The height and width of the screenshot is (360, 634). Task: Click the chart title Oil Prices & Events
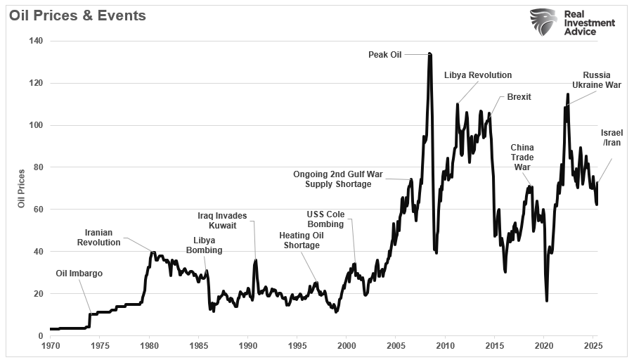pos(77,15)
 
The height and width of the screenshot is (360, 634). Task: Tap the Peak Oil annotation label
pos(385,54)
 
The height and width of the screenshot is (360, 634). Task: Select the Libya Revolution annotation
pos(478,75)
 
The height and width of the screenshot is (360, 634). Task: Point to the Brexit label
pos(519,97)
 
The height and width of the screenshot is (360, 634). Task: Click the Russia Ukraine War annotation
pos(597,80)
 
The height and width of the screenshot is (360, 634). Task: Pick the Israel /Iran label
pos(612,138)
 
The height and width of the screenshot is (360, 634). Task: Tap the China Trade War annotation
pos(522,157)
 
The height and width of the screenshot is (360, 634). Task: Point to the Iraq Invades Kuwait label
pos(222,221)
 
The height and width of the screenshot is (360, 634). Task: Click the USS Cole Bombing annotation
pos(325,219)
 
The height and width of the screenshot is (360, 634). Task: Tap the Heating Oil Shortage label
pos(302,240)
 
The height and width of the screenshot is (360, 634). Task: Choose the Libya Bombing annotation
pos(204,245)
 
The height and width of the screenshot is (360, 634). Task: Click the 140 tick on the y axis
pos(36,41)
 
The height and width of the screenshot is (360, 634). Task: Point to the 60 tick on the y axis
pos(38,210)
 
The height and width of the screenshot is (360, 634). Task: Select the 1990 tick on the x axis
pos(247,346)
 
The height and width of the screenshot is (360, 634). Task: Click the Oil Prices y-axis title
pos(22,188)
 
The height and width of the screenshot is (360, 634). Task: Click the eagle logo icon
pos(543,22)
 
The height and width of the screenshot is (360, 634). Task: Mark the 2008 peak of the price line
pos(429,53)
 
